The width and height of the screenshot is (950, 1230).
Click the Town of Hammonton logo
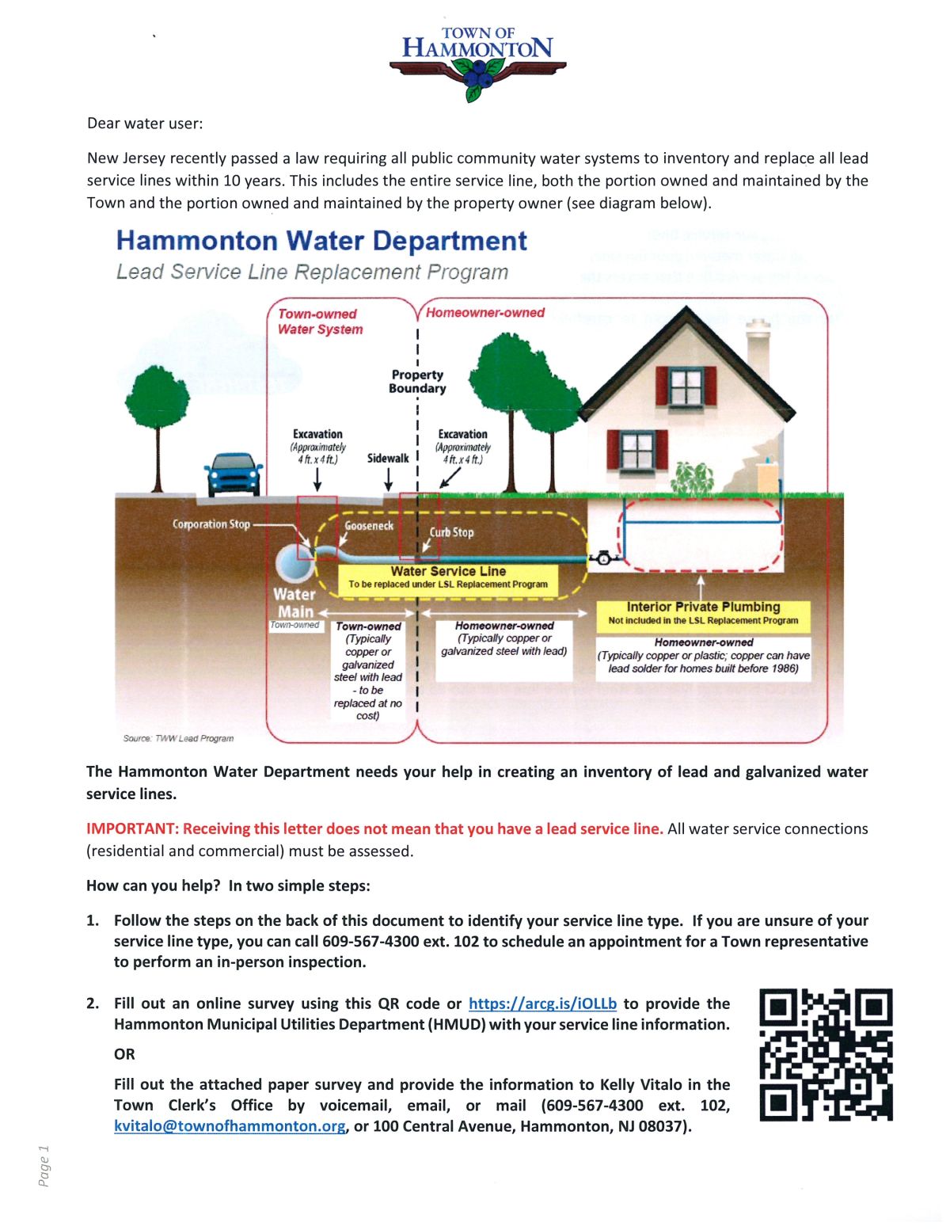coord(477,63)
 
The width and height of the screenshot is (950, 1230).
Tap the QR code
coord(826,1054)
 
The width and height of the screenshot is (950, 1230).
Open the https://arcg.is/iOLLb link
coord(542,1003)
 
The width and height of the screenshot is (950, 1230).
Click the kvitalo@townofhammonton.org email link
coord(230,1126)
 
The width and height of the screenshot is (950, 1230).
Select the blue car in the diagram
coord(234,474)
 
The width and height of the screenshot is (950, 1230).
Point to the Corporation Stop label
coord(211,524)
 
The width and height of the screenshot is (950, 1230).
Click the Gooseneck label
coord(369,526)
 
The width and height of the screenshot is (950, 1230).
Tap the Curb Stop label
coord(451,532)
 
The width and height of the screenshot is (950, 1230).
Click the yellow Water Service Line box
coord(448,577)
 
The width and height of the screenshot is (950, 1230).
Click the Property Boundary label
coord(417,381)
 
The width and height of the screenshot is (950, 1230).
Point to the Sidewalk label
coord(388,459)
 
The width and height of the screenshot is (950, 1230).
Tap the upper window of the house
coord(686,387)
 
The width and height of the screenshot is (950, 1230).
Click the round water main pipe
coord(294,563)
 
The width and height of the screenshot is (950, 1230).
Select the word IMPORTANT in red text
coord(132,828)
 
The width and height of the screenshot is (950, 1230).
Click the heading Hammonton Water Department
coord(321,241)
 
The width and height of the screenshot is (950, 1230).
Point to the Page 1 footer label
coord(44,1165)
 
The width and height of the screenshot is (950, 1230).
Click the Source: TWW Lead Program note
coord(178,738)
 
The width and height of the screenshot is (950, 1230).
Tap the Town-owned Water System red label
coord(319,322)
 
